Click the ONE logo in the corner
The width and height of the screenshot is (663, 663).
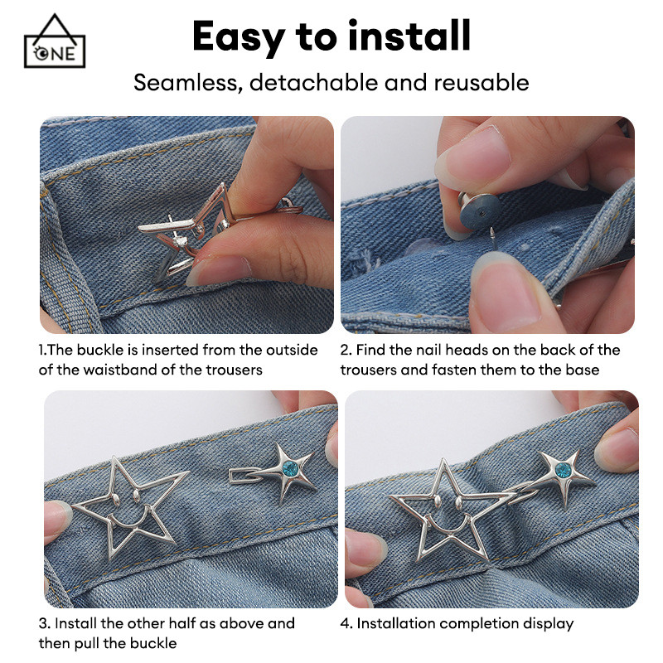pos(55,41)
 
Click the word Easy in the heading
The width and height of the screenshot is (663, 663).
pos(238,37)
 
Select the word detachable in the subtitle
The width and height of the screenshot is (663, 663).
pos(314,82)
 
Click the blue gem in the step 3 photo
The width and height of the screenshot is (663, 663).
pos(290,468)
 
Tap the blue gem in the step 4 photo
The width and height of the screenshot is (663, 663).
pos(563,470)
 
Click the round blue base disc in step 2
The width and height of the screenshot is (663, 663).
pos(480,211)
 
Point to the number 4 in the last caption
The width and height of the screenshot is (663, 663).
pos(345,623)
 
